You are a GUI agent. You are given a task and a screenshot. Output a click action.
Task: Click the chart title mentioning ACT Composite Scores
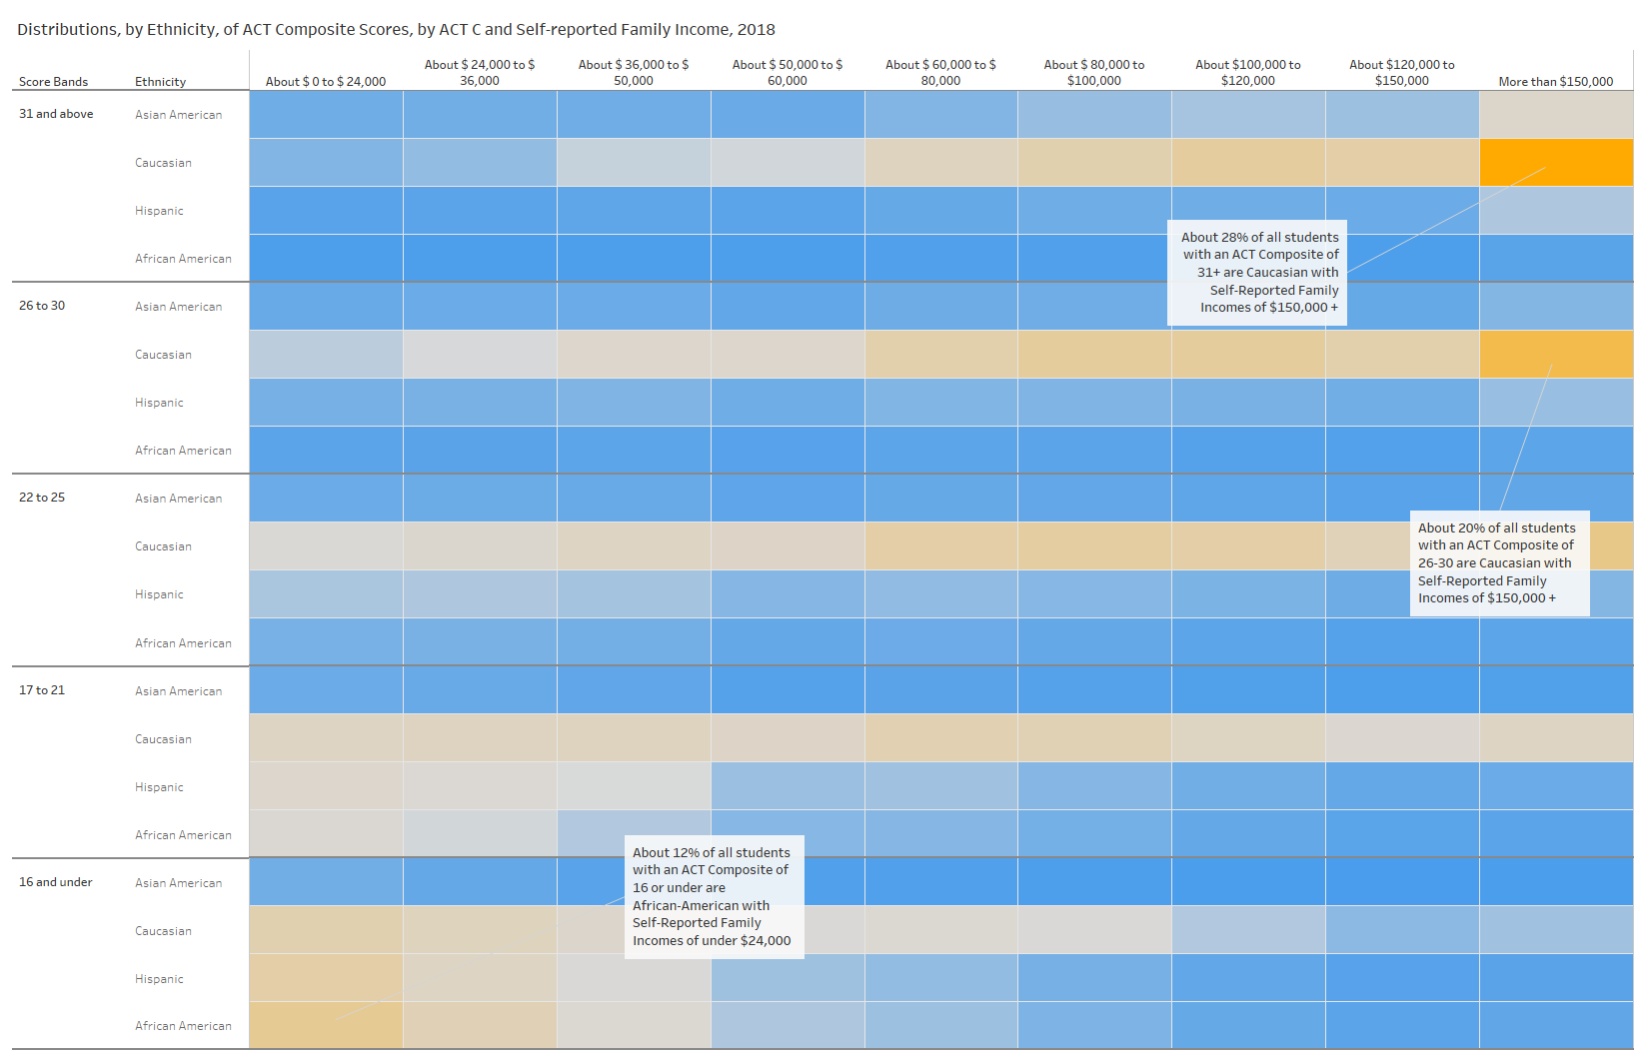click(x=396, y=30)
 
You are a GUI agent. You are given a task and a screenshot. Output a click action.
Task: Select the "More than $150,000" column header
click(x=1555, y=82)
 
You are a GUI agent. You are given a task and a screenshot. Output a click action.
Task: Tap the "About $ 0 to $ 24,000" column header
click(x=326, y=82)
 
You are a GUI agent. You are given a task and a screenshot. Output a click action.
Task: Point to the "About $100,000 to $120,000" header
click(x=1248, y=73)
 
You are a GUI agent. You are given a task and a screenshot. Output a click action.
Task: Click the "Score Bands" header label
click(x=54, y=82)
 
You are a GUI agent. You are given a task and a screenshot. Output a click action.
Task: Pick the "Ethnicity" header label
click(x=161, y=82)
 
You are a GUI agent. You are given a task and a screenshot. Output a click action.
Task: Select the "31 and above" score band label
click(x=56, y=114)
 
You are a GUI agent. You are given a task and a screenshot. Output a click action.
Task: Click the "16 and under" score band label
click(x=56, y=882)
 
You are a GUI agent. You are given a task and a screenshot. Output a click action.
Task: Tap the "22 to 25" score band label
click(x=42, y=498)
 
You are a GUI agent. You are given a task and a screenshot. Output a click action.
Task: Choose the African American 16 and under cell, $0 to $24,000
click(x=326, y=1026)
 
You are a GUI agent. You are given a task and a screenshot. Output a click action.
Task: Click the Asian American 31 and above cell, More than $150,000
click(x=1556, y=115)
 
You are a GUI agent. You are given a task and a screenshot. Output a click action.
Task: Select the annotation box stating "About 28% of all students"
click(x=1257, y=273)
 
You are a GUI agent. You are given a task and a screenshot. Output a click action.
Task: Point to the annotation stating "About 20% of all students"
click(x=1499, y=563)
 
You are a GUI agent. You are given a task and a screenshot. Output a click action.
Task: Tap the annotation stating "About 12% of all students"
click(x=714, y=897)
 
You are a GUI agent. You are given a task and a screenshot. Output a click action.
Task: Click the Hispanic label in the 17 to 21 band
click(x=160, y=787)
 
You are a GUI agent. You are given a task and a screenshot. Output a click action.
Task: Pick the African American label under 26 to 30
click(x=184, y=451)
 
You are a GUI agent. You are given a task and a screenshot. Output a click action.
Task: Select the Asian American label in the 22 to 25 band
click(x=179, y=499)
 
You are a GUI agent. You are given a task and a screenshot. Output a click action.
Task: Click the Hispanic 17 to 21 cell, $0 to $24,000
click(x=326, y=786)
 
